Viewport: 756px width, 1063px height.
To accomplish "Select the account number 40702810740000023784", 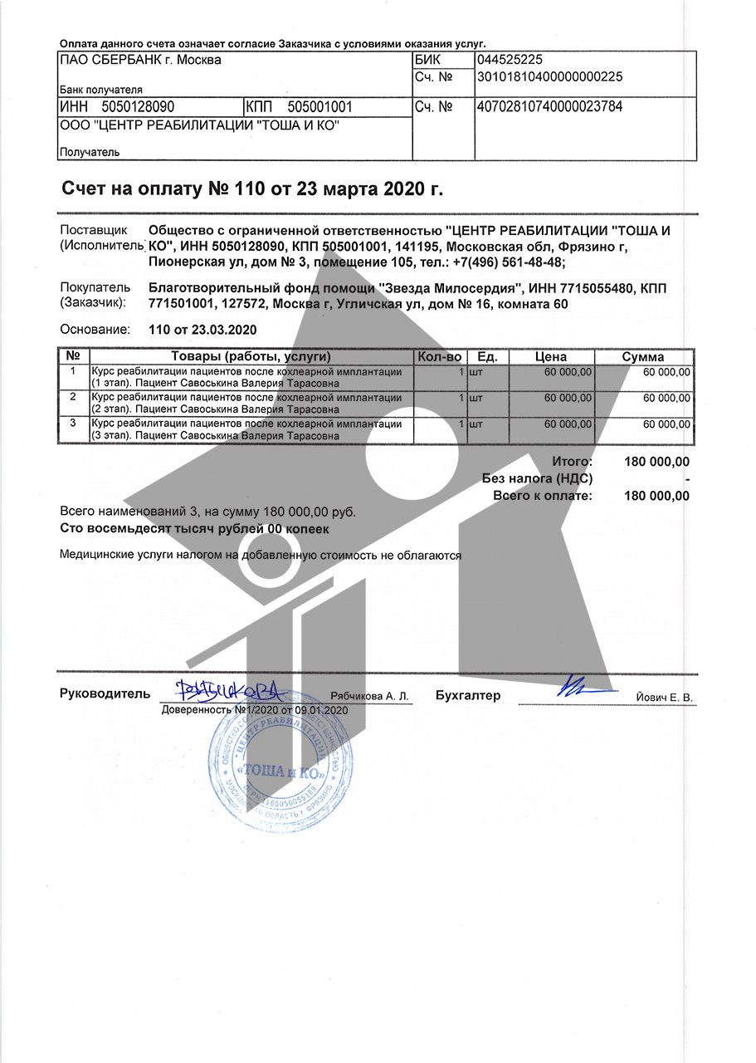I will click(x=549, y=106).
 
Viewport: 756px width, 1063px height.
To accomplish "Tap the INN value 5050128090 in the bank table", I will click(x=138, y=106).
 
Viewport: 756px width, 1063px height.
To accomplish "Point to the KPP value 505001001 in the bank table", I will click(x=320, y=106).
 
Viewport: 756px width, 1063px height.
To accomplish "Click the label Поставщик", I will click(x=93, y=230).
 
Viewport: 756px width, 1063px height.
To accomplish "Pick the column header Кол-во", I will click(x=439, y=356).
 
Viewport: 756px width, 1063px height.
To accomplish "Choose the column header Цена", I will click(x=551, y=356).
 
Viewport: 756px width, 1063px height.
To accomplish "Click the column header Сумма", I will click(x=643, y=356).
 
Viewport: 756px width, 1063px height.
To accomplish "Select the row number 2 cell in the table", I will click(x=73, y=397).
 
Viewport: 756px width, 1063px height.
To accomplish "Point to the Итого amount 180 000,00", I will click(x=656, y=462).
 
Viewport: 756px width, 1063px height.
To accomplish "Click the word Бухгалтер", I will click(x=468, y=696).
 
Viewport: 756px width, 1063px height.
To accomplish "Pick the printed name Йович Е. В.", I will click(x=663, y=698).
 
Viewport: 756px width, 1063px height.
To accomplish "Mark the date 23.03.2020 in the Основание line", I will click(x=224, y=330).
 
